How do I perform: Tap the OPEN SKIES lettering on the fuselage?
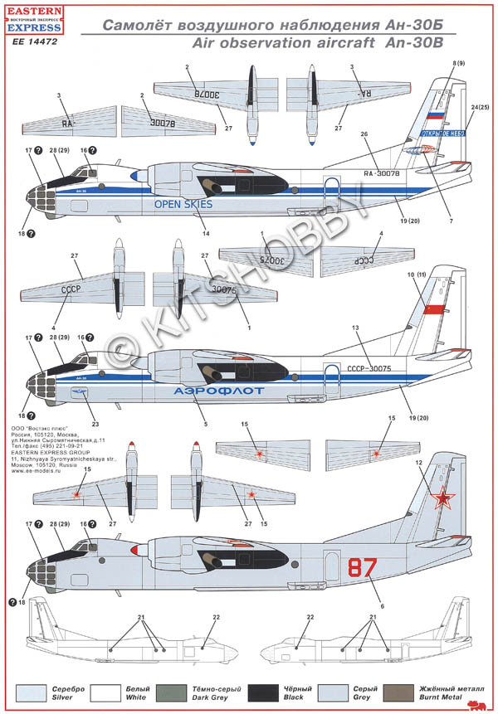pos(183,203)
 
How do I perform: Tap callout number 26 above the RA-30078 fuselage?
pos(364,133)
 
